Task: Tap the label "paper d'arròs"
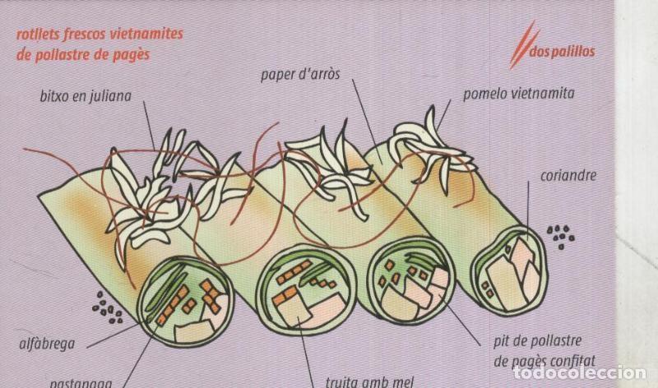tap(301, 76)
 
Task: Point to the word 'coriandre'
tap(568, 175)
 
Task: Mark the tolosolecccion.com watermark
tap(597, 374)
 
